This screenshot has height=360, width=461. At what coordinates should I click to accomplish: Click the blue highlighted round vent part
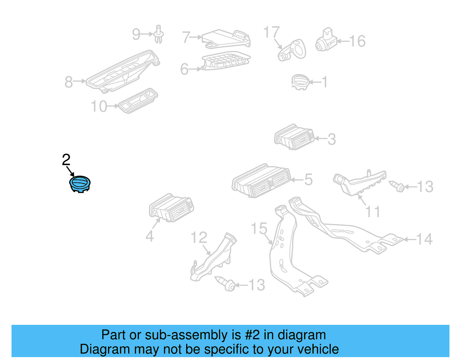[x=80, y=184]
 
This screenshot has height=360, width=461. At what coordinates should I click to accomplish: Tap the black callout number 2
[x=66, y=160]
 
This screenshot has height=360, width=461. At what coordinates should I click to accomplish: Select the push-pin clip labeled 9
[x=158, y=34]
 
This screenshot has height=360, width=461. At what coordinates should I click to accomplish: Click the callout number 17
[x=271, y=32]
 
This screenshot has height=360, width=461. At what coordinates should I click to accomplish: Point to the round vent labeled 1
[x=300, y=82]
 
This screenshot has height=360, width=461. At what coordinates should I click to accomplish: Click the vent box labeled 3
[x=294, y=137]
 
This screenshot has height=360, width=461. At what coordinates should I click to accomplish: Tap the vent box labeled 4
[x=171, y=208]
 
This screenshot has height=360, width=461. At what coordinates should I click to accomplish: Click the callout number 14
[x=424, y=239]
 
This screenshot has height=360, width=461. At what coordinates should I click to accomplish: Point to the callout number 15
[x=259, y=229]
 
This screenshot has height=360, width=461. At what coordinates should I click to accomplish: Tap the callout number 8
[x=69, y=82]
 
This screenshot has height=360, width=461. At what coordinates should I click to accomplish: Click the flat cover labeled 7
[x=225, y=38]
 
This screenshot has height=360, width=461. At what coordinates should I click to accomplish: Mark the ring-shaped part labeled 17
[x=292, y=50]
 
